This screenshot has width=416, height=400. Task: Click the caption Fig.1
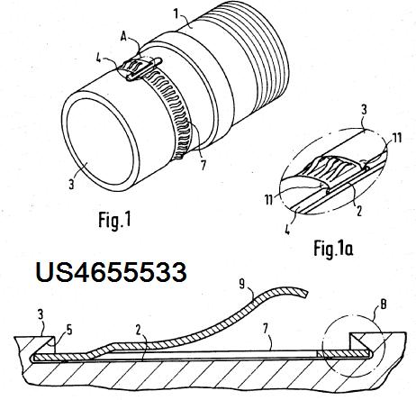pyautogui.click(x=115, y=221)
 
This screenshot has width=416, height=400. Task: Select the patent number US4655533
pyautogui.click(x=112, y=272)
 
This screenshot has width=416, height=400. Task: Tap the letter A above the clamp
pyautogui.click(x=124, y=36)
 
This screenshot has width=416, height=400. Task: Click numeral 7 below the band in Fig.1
pyautogui.click(x=203, y=165)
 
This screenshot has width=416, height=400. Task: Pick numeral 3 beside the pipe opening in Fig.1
pyautogui.click(x=71, y=184)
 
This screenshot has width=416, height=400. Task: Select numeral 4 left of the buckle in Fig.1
pyautogui.click(x=98, y=59)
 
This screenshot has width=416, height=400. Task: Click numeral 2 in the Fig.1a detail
pyautogui.click(x=358, y=211)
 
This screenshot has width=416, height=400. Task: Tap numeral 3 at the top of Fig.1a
pyautogui.click(x=364, y=110)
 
